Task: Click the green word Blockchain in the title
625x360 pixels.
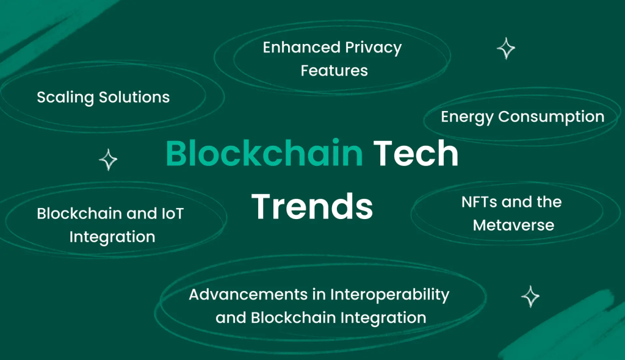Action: point(264,154)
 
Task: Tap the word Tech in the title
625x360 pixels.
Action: point(416,154)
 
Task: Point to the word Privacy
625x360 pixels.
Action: point(373,48)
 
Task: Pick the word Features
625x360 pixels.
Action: point(334,71)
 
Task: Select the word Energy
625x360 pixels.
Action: point(466,117)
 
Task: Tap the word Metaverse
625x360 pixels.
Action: point(513,225)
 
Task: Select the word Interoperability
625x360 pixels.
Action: point(389,295)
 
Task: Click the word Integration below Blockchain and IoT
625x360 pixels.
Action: point(112,237)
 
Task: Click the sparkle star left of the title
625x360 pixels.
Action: point(108,160)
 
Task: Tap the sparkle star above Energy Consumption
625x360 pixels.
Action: point(505,48)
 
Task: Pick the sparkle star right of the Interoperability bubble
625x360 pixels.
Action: point(530,297)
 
